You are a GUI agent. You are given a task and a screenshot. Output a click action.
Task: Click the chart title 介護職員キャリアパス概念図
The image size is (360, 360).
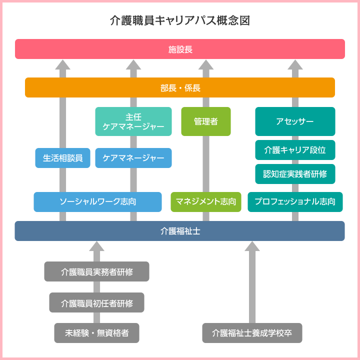[x=179, y=20]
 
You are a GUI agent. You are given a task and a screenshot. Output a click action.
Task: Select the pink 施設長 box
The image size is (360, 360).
[x=180, y=49]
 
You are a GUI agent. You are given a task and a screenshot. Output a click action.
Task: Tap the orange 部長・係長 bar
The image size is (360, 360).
[x=180, y=87]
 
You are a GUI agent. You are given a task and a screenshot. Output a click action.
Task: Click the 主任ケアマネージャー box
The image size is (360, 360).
[x=133, y=121]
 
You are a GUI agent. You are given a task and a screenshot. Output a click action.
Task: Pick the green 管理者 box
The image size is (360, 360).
[x=206, y=121]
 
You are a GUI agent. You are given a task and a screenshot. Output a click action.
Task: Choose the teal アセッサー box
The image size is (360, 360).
[x=295, y=121]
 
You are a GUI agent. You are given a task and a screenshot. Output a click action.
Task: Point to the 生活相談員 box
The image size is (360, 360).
[x=63, y=158]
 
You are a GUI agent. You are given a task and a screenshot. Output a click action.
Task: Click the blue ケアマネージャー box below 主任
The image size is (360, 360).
[x=133, y=158]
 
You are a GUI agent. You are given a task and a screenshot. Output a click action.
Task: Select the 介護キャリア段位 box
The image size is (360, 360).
[x=295, y=149]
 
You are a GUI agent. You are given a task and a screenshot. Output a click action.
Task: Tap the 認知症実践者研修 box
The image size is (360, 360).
[x=295, y=174]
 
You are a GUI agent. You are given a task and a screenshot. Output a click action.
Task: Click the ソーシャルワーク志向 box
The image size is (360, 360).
[x=98, y=202]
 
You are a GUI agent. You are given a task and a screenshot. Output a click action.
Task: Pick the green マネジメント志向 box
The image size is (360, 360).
[x=206, y=202]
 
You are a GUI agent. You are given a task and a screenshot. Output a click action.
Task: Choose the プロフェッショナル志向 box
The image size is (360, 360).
[x=295, y=202]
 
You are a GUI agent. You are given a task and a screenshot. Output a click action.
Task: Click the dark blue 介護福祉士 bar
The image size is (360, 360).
[x=180, y=231]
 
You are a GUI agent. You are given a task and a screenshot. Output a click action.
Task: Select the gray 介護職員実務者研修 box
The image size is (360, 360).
[x=96, y=271]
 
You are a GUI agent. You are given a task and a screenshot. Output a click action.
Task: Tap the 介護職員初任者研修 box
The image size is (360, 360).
[x=96, y=302]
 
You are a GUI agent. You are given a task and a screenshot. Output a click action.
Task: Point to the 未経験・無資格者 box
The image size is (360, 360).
[x=96, y=333]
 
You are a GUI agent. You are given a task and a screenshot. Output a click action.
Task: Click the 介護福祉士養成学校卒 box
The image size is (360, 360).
[x=252, y=333]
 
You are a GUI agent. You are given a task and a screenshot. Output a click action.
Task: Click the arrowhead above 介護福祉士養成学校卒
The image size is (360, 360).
[x=252, y=246]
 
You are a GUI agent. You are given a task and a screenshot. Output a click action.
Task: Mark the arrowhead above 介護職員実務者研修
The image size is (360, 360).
[x=96, y=246]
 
